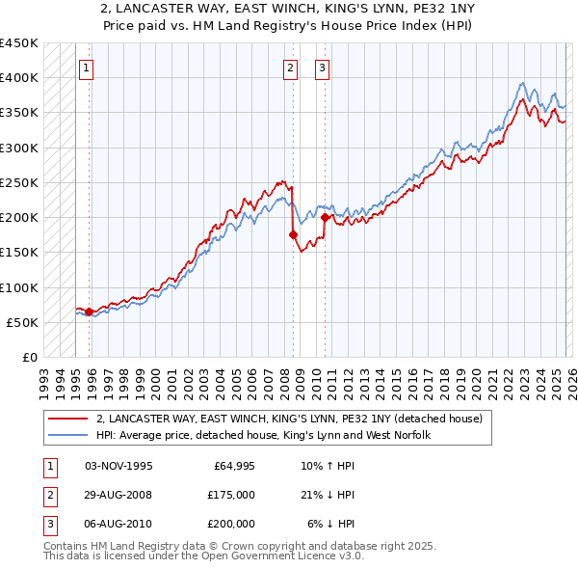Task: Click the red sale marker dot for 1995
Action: coord(89,312)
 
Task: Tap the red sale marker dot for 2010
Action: coord(325,217)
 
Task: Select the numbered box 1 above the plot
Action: coord(87,68)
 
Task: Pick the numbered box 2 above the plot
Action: coord(290,68)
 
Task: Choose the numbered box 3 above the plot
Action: coord(322,68)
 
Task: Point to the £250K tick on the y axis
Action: coord(21,182)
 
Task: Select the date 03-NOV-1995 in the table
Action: coord(118,466)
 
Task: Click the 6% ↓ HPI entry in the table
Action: coord(330,524)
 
